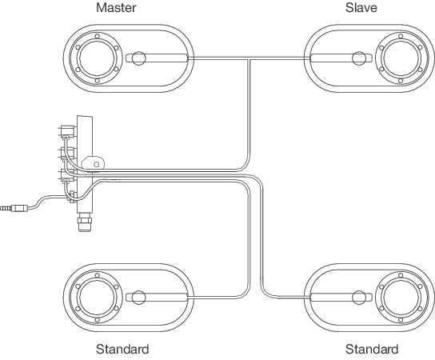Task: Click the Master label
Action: (116, 7)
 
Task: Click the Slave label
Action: (361, 7)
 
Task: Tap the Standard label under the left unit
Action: (122, 349)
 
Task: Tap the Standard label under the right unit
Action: (372, 349)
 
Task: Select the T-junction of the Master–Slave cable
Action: (249, 58)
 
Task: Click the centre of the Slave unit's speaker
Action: (401, 58)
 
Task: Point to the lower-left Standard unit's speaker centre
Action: (97, 298)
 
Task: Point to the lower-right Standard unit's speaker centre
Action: (401, 298)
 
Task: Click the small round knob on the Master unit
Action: (138, 58)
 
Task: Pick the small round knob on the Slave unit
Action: (359, 58)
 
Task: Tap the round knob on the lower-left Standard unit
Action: (138, 298)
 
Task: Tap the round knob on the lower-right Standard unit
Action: (359, 298)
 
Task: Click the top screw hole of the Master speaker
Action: (97, 36)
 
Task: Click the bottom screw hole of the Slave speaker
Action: (401, 81)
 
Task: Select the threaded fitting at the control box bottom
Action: (85, 222)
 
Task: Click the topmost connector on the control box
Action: (67, 131)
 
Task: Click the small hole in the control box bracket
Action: (96, 164)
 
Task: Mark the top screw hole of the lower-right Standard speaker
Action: (401, 275)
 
